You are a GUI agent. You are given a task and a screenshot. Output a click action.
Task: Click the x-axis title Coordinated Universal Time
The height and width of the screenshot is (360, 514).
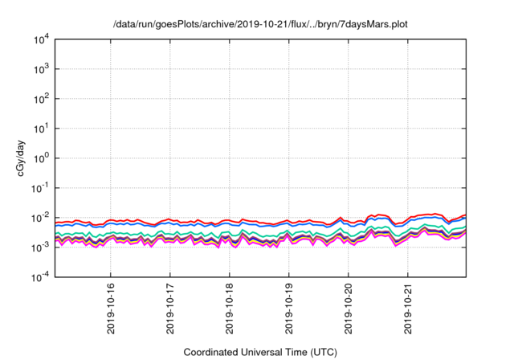[x=260, y=352]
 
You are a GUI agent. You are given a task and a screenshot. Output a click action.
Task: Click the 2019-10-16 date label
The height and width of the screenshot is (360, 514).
[x=111, y=309]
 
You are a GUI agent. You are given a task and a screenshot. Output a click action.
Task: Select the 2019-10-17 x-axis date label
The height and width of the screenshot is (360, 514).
[x=170, y=309]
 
